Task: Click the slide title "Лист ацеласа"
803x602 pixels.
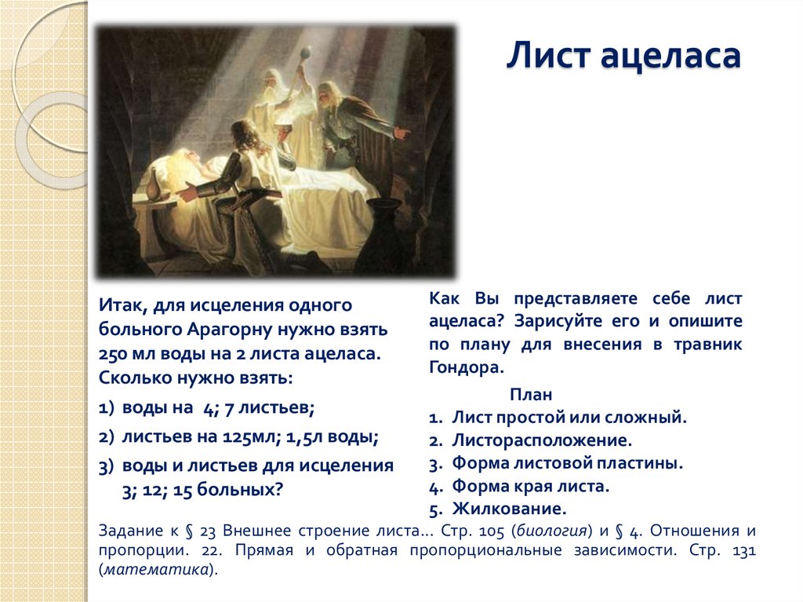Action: pyautogui.click(x=623, y=58)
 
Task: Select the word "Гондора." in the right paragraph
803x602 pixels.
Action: pyautogui.click(x=464, y=366)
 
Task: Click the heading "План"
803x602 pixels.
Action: pyautogui.click(x=531, y=394)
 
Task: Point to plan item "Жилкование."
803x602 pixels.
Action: pyautogui.click(x=510, y=508)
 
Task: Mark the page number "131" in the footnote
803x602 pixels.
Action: pyautogui.click(x=741, y=550)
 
